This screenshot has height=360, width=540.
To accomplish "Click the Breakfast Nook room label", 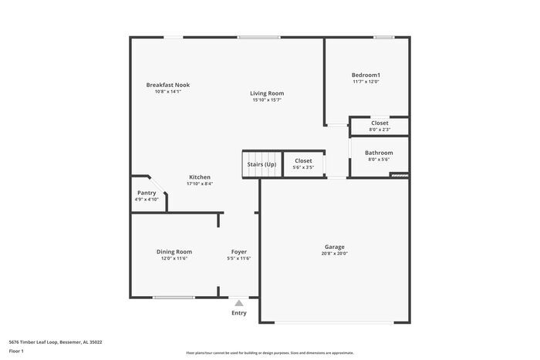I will pos(168,85).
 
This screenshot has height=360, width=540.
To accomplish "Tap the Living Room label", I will pos(267,93).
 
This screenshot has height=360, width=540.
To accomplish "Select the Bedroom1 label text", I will pos(366,75).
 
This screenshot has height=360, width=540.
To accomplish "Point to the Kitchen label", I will pos(201,177).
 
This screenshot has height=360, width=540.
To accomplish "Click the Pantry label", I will pos(147,193).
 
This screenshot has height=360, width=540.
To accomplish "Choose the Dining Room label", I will pos(174,251).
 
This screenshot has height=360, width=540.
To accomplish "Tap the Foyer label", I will pos(239,251).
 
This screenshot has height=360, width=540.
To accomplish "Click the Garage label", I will pos(335,247).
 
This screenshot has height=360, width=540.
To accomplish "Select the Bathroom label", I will pos(379,153).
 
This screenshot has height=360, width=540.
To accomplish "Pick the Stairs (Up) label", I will pos(262,164).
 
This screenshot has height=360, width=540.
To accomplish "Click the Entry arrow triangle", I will pos(239,303).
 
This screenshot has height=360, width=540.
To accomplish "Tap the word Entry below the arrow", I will pos(239,313).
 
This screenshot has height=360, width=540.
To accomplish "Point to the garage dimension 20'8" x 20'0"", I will pos(335,254).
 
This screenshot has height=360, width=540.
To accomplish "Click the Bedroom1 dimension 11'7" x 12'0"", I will pos(366,82).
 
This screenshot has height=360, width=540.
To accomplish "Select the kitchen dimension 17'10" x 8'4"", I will pos(201,183).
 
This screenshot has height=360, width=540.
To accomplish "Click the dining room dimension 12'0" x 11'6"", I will pos(174,258).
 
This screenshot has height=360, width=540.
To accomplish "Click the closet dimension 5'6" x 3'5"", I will pos(303,167).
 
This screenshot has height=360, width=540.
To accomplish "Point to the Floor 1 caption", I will pos(16,352).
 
